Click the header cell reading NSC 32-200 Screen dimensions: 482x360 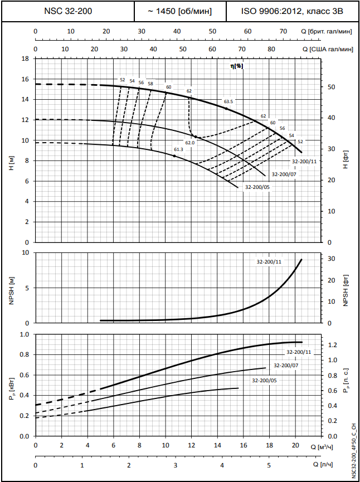[x=67, y=11]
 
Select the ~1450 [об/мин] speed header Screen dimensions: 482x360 [x=180, y=11]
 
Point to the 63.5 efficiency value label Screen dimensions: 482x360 [x=228, y=102]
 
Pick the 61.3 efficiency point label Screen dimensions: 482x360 [x=178, y=149]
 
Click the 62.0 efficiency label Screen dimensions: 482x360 [x=190, y=143]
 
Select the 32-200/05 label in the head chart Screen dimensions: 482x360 [x=257, y=187]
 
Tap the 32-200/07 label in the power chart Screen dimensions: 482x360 [x=286, y=366]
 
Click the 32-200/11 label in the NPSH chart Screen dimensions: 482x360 [x=269, y=262]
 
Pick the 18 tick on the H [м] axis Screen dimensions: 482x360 [x=25, y=59]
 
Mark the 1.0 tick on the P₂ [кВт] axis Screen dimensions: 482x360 [x=24, y=334]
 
